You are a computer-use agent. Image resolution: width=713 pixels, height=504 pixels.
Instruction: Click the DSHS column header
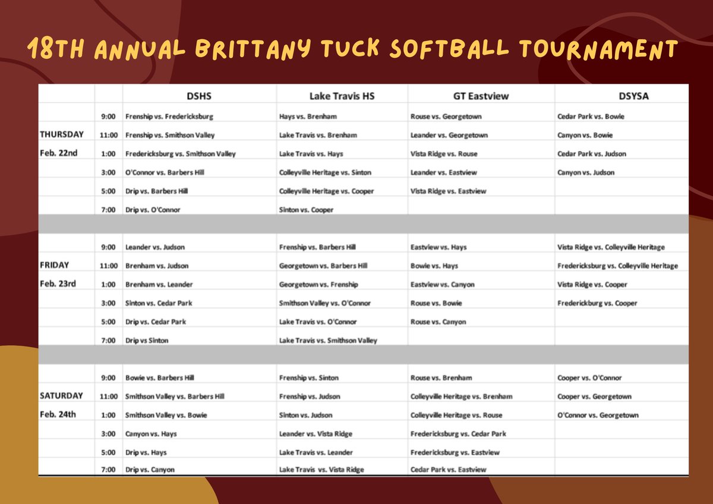(x=200, y=95)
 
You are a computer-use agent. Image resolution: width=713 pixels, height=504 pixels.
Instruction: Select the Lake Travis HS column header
(x=342, y=95)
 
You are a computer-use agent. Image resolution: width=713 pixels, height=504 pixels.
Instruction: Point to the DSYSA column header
(x=622, y=95)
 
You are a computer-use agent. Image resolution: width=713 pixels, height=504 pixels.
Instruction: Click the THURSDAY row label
(x=61, y=134)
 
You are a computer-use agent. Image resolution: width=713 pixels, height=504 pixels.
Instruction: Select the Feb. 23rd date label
(x=58, y=283)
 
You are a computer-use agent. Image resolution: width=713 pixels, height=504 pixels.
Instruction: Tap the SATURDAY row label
(x=61, y=396)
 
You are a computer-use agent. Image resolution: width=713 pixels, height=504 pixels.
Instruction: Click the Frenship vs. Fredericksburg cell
(x=169, y=116)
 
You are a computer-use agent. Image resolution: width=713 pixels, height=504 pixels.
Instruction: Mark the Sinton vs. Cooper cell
(x=306, y=210)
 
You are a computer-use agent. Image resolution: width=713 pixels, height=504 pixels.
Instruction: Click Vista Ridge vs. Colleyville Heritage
(x=611, y=247)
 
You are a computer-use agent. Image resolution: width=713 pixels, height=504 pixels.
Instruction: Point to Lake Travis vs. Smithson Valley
(x=328, y=341)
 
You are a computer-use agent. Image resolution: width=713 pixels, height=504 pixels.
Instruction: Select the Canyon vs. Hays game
(x=151, y=434)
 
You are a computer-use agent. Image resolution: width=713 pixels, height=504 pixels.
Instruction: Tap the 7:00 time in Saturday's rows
(x=108, y=470)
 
